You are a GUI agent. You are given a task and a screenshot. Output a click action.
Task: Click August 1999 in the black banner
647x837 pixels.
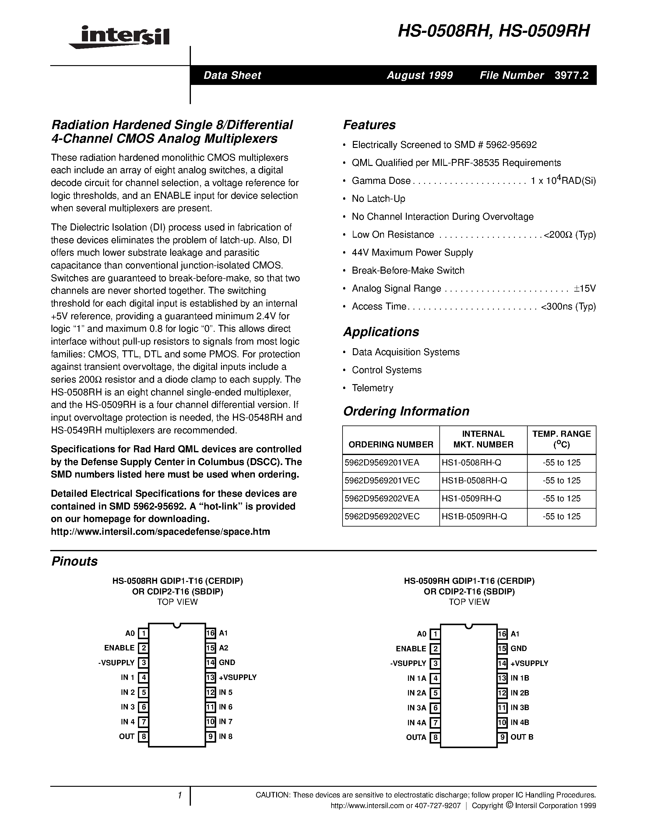click(419, 75)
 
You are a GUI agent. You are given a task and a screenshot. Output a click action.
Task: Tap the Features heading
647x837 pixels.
click(369, 125)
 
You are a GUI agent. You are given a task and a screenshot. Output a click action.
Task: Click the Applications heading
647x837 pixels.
click(381, 331)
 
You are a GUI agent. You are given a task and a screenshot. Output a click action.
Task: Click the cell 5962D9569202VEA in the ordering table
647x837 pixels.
click(382, 499)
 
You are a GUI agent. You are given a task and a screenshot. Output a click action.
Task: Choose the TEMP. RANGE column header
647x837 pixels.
click(561, 439)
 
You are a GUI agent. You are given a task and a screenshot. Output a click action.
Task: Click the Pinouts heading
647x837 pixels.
click(74, 562)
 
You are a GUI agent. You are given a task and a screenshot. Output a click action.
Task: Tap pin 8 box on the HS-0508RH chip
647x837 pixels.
click(143, 736)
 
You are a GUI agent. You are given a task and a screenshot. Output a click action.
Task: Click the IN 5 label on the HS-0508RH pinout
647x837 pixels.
click(225, 692)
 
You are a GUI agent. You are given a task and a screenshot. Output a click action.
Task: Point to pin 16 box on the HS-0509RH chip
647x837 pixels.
click(502, 634)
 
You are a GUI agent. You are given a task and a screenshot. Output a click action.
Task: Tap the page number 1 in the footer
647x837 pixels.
click(179, 795)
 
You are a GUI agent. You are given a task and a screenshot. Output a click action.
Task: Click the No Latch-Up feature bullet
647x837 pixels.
click(378, 198)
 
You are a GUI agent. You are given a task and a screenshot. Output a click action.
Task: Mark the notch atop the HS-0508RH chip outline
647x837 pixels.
click(177, 625)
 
